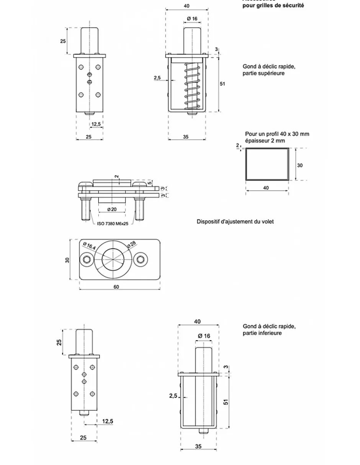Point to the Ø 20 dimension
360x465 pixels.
[x=112, y=209]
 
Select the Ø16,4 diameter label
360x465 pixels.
[x=89, y=246]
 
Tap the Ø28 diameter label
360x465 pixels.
[x=132, y=244]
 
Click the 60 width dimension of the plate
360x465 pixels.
[x=116, y=287]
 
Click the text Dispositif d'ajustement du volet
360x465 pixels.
[x=235, y=221]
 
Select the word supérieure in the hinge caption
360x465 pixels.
[x=272, y=73]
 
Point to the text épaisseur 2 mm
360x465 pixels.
[x=265, y=141]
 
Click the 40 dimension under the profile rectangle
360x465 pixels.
[x=266, y=188]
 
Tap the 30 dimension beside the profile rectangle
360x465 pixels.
[x=300, y=165]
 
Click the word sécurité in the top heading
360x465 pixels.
[x=293, y=6]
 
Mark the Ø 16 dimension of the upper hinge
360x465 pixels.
[x=192, y=19]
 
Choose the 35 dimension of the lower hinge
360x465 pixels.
[x=198, y=446]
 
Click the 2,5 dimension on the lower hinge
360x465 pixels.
[x=173, y=396]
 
